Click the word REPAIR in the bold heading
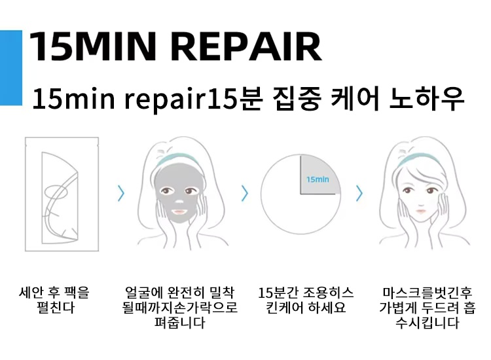(246, 46)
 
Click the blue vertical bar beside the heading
(11, 67)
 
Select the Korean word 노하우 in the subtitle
(426, 98)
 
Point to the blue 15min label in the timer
(318, 179)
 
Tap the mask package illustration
(62, 194)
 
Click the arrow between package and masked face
(121, 193)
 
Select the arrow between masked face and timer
(245, 193)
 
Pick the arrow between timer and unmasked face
(359, 193)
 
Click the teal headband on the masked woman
(177, 158)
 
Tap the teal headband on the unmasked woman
(419, 158)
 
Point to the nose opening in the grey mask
(179, 202)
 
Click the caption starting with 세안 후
(54, 300)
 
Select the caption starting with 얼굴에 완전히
(179, 308)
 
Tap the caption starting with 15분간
(306, 300)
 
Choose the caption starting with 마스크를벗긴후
(427, 308)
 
